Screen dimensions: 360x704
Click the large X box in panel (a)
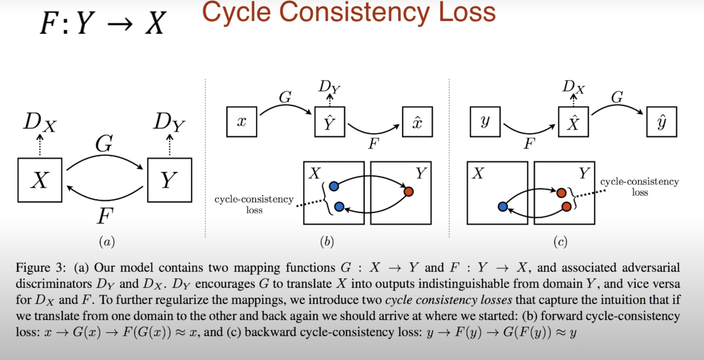point(40,180)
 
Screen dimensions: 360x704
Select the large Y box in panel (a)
point(169,180)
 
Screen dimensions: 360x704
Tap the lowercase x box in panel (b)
point(241,122)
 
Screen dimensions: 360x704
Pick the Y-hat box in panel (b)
point(330,122)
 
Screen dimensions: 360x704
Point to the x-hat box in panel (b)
point(417,122)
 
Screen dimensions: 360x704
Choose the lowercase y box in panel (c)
point(485,122)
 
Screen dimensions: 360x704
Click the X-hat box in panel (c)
point(573,122)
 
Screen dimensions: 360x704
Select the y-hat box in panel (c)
point(662,122)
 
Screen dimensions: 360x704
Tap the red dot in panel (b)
point(408,192)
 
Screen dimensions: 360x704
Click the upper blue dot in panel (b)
point(334,186)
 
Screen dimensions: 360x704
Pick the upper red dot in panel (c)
point(561,193)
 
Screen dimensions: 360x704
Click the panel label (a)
point(107,242)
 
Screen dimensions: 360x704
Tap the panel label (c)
point(560,242)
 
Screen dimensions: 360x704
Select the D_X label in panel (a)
point(40,122)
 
